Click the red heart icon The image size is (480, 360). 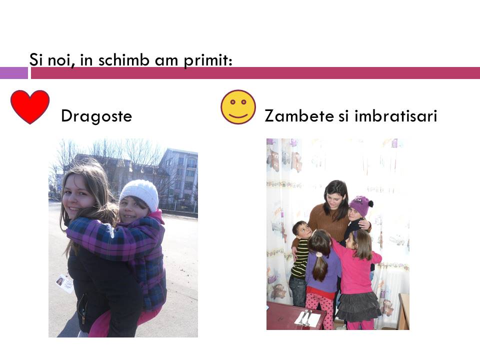click(x=30, y=106)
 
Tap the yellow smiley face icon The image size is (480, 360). click(x=238, y=107)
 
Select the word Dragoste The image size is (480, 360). click(x=96, y=116)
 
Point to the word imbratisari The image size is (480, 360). click(x=395, y=115)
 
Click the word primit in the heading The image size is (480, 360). click(x=207, y=60)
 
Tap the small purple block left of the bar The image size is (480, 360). click(x=14, y=73)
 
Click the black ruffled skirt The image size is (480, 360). click(x=358, y=306)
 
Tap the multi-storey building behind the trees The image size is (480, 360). click(x=178, y=174)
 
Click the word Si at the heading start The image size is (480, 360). click(x=35, y=59)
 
